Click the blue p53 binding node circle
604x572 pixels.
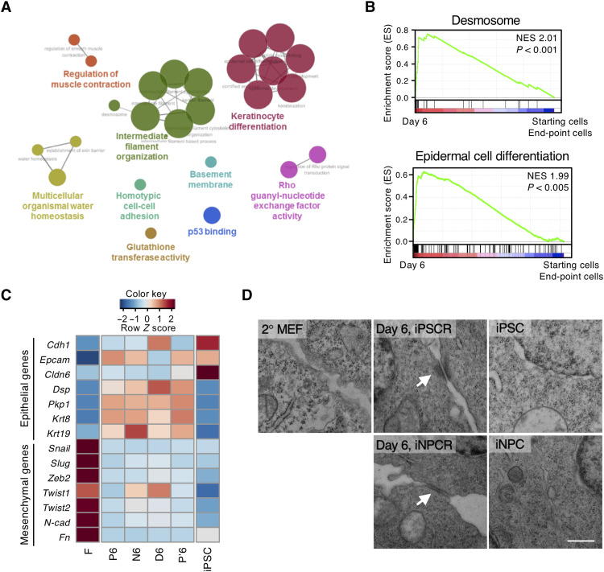tap(212, 215)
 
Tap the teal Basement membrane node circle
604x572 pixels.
tap(211, 163)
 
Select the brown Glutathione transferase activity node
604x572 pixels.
tap(150, 233)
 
